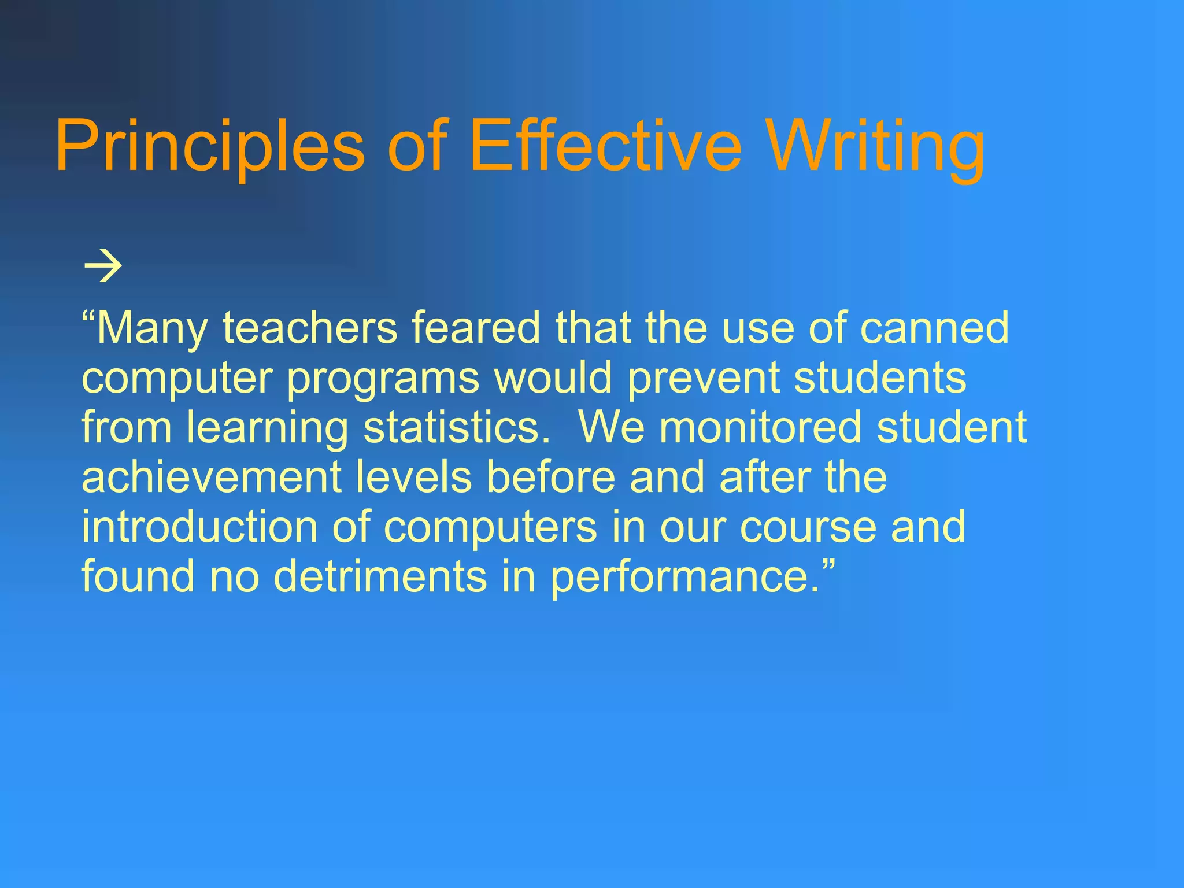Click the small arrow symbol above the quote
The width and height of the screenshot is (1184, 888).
pyautogui.click(x=103, y=267)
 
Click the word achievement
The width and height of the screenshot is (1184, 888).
pyautogui.click(x=212, y=478)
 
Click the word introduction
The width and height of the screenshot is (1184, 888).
pyautogui.click(x=199, y=527)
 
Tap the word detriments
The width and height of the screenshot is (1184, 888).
pyautogui.click(x=380, y=577)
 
